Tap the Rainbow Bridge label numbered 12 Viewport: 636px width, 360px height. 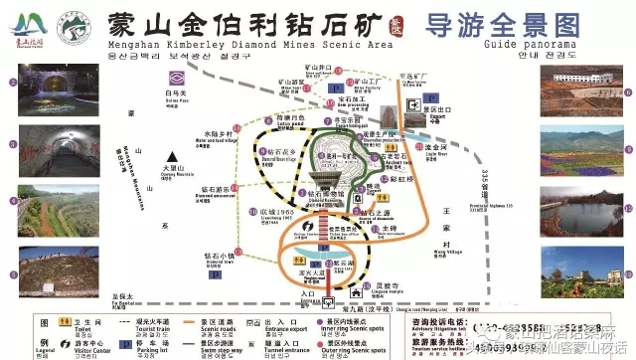400,180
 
